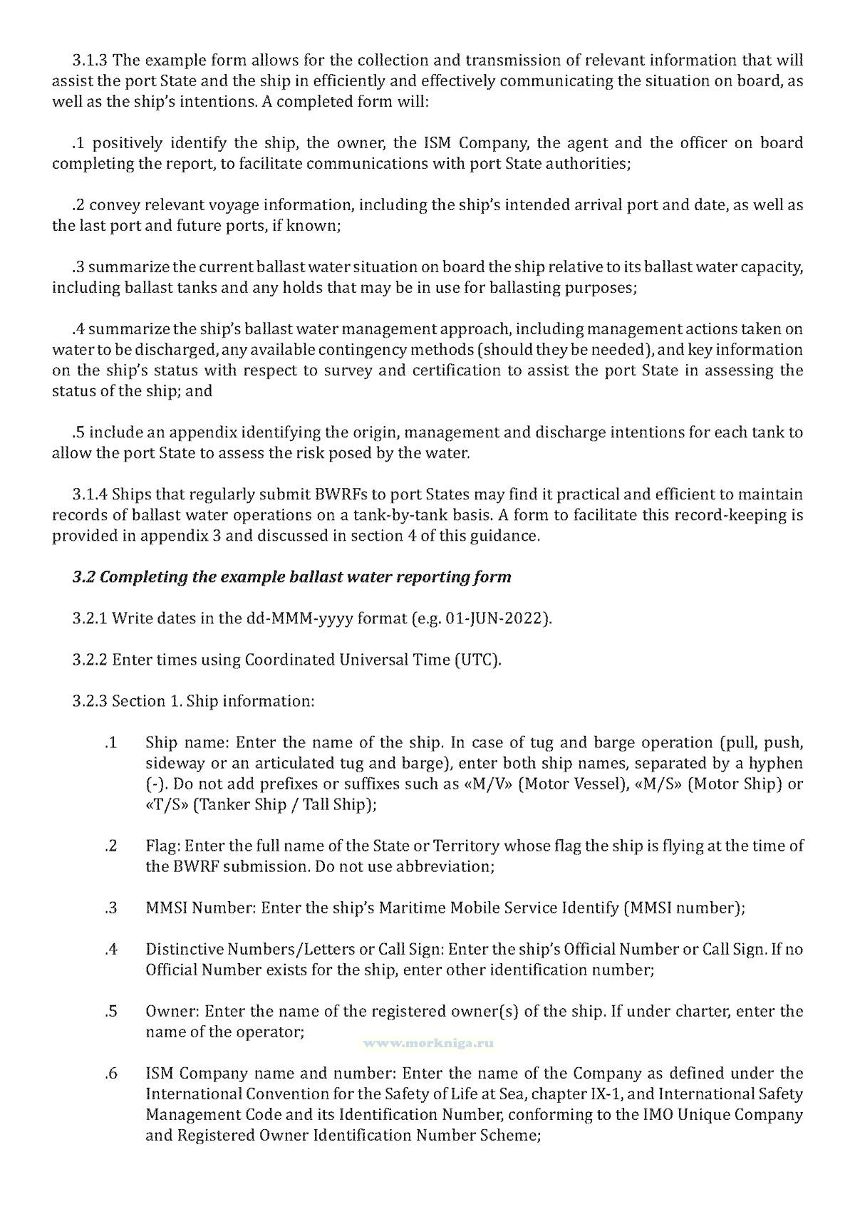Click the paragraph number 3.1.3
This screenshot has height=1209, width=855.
(90, 60)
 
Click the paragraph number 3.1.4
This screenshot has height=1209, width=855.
(90, 494)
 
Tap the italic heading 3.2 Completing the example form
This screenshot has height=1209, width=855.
(291, 577)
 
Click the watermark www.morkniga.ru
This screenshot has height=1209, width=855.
(429, 1043)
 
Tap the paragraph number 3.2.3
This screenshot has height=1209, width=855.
(90, 701)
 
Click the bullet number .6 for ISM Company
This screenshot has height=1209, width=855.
(110, 1074)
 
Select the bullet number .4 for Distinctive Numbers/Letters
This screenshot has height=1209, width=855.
(110, 950)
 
